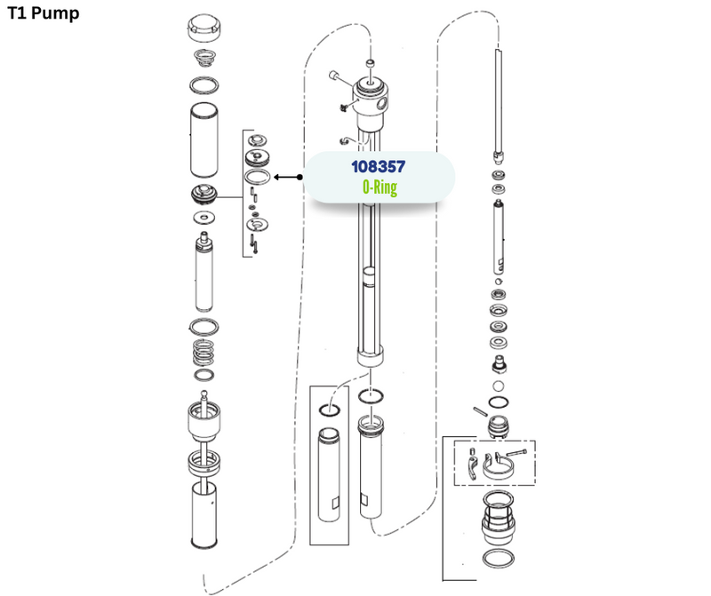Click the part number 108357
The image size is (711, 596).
coord(379,167)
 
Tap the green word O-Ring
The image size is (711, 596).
coord(380,187)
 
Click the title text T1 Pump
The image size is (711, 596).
coord(44,12)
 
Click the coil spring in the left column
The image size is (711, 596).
coord(204,353)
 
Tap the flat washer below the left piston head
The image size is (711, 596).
coord(204,218)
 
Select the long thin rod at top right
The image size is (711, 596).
coord(499,102)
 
